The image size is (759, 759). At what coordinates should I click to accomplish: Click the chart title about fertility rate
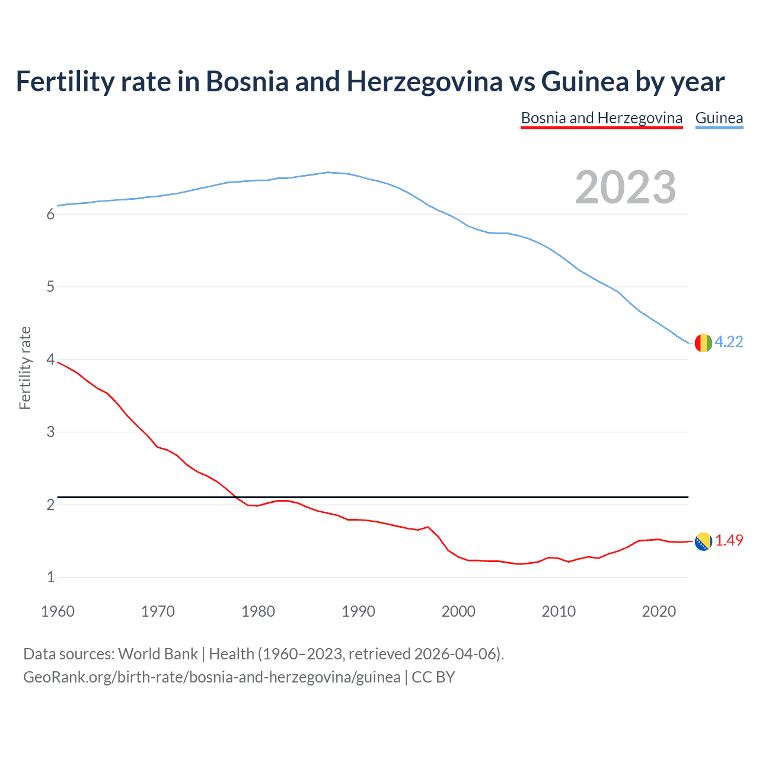pos(370,82)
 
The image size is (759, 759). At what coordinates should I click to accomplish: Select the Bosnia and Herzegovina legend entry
pos(601,118)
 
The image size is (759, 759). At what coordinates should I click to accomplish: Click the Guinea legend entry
pos(719,118)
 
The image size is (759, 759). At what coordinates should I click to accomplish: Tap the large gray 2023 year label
pos(626,187)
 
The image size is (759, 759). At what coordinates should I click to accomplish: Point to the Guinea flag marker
pos(703,343)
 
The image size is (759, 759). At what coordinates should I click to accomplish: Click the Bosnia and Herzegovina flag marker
pos(703,541)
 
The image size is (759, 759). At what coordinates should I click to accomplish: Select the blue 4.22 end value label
pos(729,342)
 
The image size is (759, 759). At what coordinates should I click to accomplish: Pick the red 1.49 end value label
pos(729,540)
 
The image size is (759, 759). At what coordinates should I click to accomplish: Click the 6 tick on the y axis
pos(50,215)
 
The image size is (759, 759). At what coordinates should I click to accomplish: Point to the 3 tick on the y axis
pos(50,432)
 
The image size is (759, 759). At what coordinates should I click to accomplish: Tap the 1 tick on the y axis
pos(50,578)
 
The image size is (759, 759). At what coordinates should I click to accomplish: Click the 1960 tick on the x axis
pos(58,611)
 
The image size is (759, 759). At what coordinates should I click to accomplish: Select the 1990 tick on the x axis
pos(358,611)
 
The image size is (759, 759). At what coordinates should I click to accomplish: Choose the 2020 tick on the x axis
pos(659,611)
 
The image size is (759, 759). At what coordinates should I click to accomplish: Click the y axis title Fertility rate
pos(25,368)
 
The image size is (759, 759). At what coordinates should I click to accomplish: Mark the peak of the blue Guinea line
pos(328,172)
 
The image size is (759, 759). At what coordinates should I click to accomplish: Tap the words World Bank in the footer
pos(158,654)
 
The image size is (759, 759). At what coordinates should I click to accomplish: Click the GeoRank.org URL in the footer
pos(211,677)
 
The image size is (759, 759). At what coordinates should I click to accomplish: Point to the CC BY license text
pos(433,677)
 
